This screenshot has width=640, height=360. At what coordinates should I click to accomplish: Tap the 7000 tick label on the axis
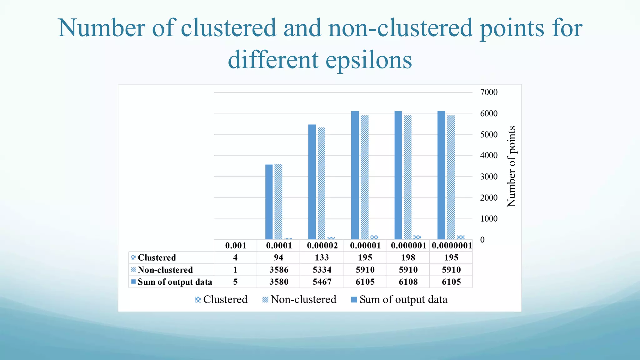click(x=489, y=92)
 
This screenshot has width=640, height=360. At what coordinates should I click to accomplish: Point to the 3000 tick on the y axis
click(x=489, y=177)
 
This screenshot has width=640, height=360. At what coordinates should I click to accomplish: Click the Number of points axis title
click(x=511, y=166)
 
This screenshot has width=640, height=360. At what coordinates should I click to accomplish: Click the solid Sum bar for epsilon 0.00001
click(x=355, y=175)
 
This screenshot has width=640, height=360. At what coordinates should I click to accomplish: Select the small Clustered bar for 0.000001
click(x=417, y=237)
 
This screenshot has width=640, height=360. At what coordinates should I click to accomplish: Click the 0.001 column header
click(x=236, y=246)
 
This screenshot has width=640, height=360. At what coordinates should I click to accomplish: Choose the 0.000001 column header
click(x=408, y=246)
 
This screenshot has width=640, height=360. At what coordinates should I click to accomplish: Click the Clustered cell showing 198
click(x=408, y=257)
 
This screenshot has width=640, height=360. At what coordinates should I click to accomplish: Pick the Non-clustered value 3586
click(x=279, y=270)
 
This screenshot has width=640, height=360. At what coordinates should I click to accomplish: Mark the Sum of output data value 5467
click(x=322, y=282)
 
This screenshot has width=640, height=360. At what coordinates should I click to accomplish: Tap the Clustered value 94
click(x=278, y=257)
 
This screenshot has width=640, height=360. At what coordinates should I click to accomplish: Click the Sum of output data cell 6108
click(x=408, y=282)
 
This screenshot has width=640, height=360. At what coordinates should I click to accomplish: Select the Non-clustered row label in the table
click(x=165, y=270)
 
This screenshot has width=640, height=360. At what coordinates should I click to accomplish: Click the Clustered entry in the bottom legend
click(x=221, y=299)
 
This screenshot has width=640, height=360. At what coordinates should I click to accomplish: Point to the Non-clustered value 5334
click(x=322, y=270)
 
